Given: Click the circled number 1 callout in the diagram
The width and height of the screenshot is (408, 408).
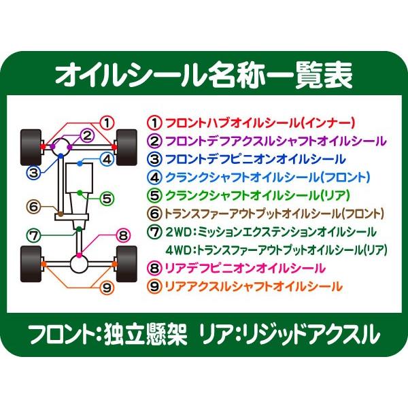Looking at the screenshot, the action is pyautogui.click(x=106, y=123).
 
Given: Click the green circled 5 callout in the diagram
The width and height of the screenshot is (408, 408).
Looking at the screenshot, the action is pyautogui.click(x=106, y=199).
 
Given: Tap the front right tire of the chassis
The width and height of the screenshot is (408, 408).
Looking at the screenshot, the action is pyautogui.click(x=126, y=145).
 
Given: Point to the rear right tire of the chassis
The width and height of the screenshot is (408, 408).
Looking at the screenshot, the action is pyautogui.click(x=126, y=263).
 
